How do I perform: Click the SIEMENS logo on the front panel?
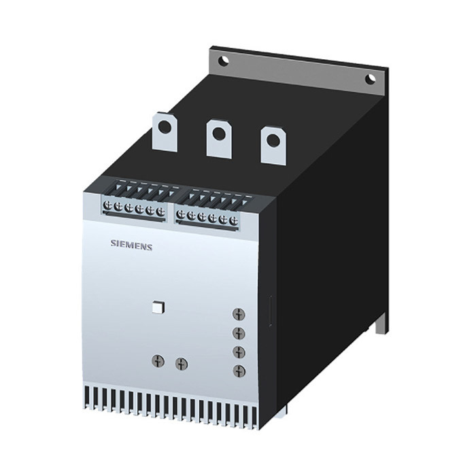click(x=131, y=245)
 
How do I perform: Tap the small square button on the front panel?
click(x=158, y=307)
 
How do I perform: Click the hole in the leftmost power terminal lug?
click(x=165, y=126)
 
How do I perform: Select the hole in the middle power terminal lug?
click(x=218, y=133)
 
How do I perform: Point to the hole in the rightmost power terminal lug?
click(x=273, y=140)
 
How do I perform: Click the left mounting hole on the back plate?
click(x=224, y=60)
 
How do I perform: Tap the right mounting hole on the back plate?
click(x=371, y=80)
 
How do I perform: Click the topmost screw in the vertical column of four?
click(x=239, y=314)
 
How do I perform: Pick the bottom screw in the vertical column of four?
click(x=239, y=371)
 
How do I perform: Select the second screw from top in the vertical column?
click(x=239, y=333)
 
